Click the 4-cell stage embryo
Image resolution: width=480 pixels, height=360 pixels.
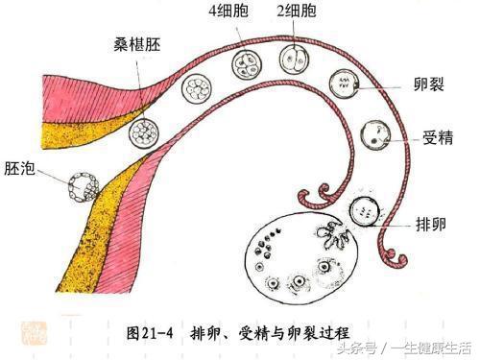(247, 65)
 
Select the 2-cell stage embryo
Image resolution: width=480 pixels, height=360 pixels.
(295, 57)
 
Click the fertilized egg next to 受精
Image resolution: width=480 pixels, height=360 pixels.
(372, 133)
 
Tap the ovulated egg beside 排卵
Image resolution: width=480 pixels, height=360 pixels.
(366, 210)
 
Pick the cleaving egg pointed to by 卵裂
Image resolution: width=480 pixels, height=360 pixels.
(343, 84)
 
